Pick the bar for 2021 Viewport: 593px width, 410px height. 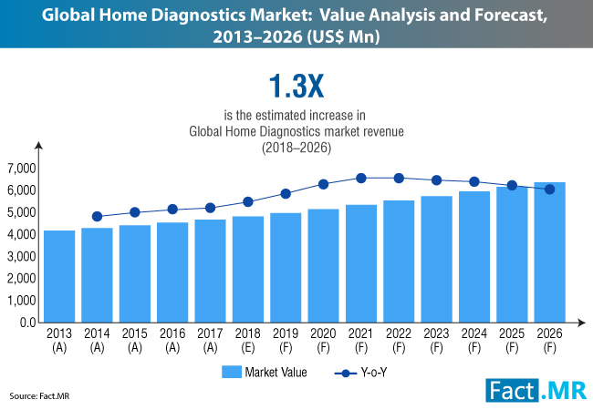point(361,263)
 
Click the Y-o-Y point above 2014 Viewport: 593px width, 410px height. point(98,217)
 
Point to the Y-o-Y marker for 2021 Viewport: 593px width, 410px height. point(361,178)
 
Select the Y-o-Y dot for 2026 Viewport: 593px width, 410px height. point(549,190)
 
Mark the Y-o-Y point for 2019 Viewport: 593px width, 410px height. point(286,193)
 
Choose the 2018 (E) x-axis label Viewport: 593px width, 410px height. point(248,340)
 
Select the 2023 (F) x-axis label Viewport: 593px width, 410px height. point(436,340)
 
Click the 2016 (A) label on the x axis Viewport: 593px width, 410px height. point(172,340)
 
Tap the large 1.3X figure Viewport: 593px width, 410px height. point(296,87)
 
